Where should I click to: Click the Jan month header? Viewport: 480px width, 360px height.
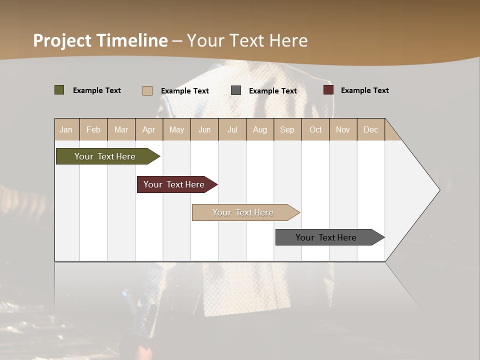coord(66,129)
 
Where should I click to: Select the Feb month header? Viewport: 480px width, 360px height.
coord(93,129)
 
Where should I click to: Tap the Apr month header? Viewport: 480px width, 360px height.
coord(148,129)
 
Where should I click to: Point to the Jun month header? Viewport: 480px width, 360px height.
coord(204,129)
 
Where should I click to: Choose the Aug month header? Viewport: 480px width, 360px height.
coord(259,129)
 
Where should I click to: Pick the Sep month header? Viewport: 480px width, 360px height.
coord(287,129)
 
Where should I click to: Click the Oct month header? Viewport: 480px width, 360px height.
coord(315,129)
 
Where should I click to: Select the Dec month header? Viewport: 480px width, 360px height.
coord(370,129)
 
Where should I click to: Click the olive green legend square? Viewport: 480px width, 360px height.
coord(59,90)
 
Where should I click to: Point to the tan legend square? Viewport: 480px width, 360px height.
coord(147,90)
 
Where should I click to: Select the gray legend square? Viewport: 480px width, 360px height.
coord(236,90)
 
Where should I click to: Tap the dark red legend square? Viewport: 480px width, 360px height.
coord(328,90)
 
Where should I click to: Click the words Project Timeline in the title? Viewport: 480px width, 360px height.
coord(100,40)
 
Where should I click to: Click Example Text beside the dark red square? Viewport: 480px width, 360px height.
coord(364,90)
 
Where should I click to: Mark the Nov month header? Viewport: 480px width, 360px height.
coord(343,129)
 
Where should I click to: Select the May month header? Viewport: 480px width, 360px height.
coord(176,129)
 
